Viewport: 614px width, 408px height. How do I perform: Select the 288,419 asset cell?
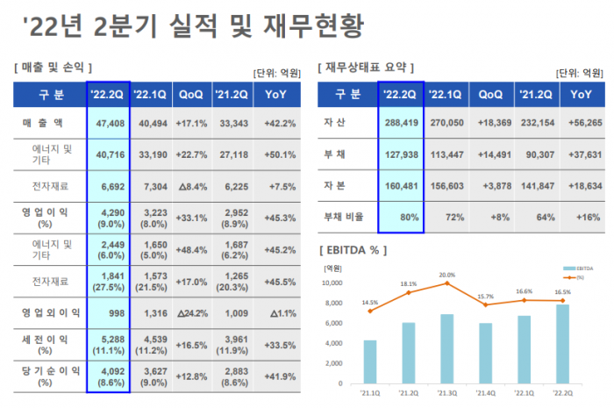point(402,124)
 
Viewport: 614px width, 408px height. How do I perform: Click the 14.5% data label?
point(368,303)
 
